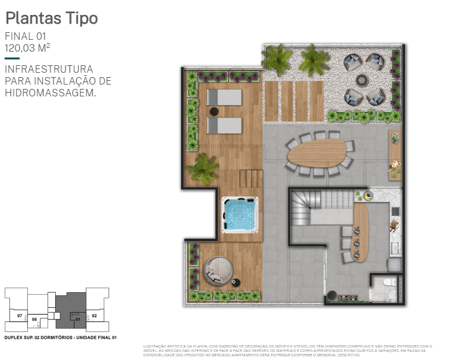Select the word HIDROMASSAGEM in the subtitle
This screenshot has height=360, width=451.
click(x=50, y=93)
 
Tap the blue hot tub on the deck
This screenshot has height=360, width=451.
click(x=239, y=215)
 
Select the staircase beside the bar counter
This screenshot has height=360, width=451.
click(x=310, y=208)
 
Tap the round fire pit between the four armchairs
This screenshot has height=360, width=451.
click(x=362, y=80)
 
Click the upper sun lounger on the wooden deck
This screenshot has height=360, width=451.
click(x=224, y=98)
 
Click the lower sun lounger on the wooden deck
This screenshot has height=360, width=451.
click(x=224, y=126)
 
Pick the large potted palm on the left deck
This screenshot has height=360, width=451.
click(x=203, y=167)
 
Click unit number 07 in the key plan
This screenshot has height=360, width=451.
click(x=20, y=316)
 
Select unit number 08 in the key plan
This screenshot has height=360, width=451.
click(x=35, y=320)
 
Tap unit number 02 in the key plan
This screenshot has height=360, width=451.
click(x=94, y=316)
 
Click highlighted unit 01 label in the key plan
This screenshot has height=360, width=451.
click(x=78, y=319)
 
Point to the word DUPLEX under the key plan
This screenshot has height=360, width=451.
click(x=13, y=338)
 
